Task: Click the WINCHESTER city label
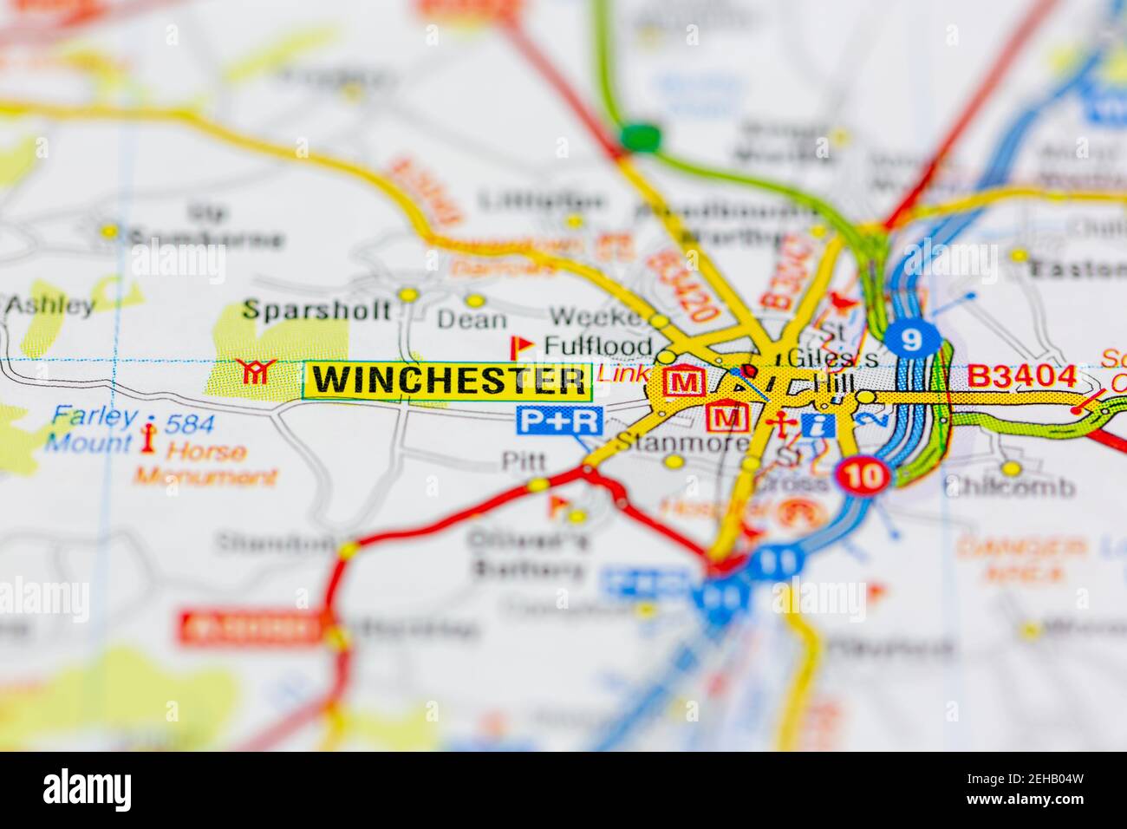pos(447,381)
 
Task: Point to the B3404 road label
pos(1021,377)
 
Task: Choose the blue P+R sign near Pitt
pos(558,421)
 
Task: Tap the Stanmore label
pos(684,444)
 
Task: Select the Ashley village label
pos(49,305)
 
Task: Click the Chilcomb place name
pos(1009,486)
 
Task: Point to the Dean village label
pos(471,319)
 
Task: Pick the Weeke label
pos(594,317)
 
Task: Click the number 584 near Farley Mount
pos(189,424)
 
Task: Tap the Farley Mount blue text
pos(90,429)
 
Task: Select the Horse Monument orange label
pos(206,464)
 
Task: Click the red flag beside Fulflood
pos(522,347)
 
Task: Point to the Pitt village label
pos(524,460)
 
